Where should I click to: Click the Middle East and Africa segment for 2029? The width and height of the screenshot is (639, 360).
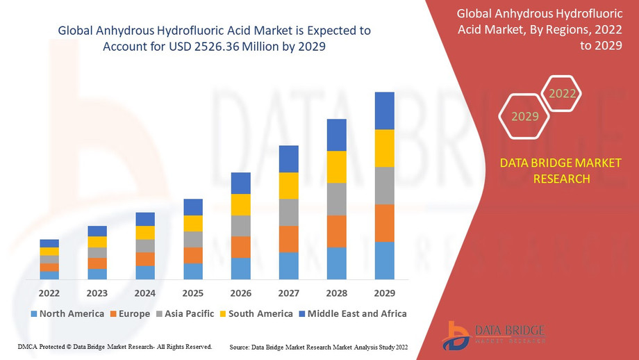click(384, 111)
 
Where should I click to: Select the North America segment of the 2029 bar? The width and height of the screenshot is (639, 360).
click(384, 261)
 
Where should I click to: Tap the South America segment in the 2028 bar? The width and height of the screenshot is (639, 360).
click(336, 167)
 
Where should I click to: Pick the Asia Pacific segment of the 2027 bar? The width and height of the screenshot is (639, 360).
click(288, 213)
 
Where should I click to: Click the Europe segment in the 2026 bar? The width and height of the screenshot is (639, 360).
click(240, 247)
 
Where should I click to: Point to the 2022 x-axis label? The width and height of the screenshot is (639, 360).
click(49, 292)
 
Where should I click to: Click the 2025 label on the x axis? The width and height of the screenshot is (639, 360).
click(192, 292)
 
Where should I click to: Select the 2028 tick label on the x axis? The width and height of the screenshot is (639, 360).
click(336, 292)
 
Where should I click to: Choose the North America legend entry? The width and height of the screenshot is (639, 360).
click(67, 313)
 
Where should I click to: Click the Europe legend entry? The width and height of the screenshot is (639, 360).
click(130, 313)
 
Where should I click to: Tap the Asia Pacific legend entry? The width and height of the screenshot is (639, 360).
click(184, 313)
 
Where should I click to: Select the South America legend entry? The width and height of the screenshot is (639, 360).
click(256, 313)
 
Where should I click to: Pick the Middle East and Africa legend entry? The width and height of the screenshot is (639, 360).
click(352, 313)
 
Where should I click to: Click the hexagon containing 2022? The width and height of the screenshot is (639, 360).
click(562, 94)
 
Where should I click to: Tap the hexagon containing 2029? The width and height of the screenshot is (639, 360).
click(526, 116)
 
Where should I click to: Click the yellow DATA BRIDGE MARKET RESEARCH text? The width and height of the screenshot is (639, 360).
click(561, 170)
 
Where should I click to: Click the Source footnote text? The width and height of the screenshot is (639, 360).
click(319, 346)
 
